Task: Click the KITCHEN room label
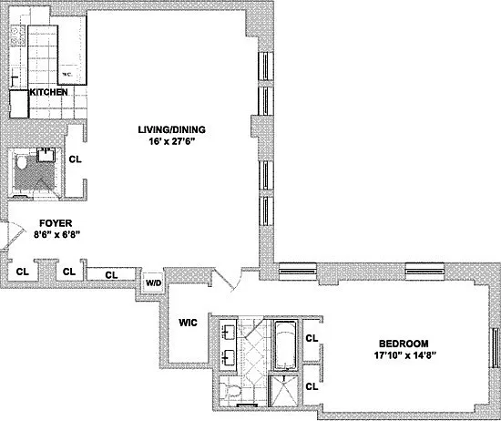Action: pos(48,92)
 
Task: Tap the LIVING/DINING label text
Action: pos(171,129)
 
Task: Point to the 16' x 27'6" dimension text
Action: pos(171,141)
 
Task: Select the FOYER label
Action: pos(56,223)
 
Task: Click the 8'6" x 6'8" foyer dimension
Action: pos(56,234)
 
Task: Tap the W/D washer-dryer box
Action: pos(154,282)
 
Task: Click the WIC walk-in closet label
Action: pos(188,323)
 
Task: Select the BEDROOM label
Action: pos(404,344)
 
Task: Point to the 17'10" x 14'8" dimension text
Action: pos(405,355)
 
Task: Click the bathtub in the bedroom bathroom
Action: pos(286,345)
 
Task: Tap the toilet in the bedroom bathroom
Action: pos(230,391)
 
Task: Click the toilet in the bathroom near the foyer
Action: pos(22,162)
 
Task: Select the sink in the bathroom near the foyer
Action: pos(46,155)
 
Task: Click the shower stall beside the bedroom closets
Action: pos(283,391)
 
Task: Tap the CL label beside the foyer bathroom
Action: pos(75,159)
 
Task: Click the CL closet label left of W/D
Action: pos(111,275)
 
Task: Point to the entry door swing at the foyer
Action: pos(13,234)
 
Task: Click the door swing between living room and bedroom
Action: pos(228,279)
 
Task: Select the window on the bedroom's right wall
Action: pos(496,348)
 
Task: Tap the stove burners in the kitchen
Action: pos(15,35)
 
